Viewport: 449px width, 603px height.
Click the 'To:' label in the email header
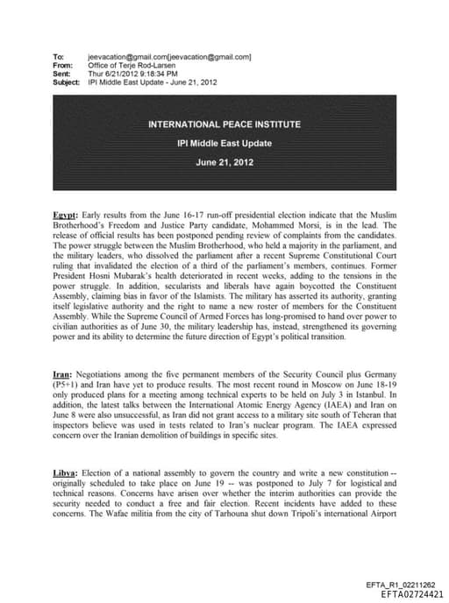(x=58, y=57)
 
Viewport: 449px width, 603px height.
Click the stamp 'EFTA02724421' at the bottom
(x=408, y=593)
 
